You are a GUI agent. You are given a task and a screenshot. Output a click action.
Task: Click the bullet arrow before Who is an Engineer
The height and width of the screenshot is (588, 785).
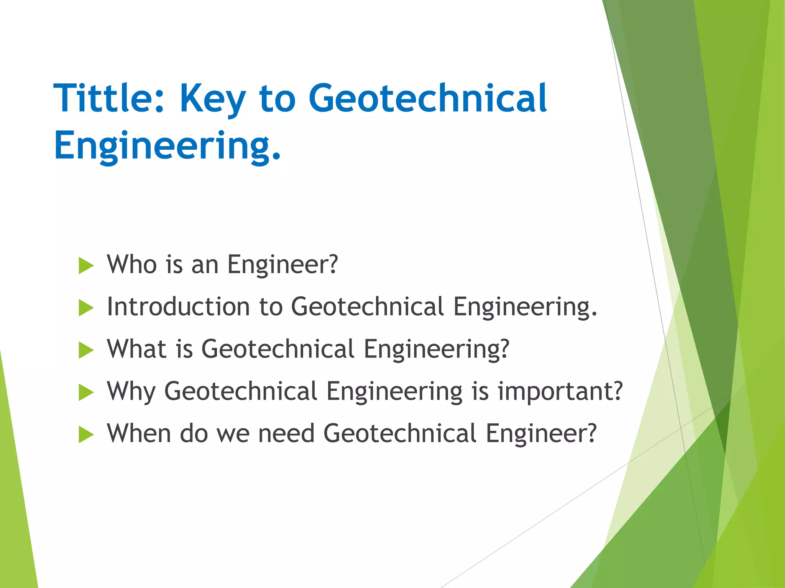[86, 266]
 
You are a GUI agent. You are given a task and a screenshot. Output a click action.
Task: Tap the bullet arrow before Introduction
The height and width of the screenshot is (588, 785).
[86, 308]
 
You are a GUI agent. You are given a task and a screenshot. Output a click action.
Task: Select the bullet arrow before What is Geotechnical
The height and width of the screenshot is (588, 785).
[86, 350]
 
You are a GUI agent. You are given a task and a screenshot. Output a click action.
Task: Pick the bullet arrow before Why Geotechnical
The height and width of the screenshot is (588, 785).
[86, 392]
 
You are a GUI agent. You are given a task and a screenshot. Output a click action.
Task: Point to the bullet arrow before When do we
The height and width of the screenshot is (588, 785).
[86, 434]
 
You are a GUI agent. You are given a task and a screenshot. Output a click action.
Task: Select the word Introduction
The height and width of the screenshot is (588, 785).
[178, 307]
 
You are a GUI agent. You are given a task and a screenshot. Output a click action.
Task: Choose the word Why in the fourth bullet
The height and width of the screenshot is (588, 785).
[131, 392]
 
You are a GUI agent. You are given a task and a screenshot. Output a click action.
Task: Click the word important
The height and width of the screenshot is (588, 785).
[560, 392]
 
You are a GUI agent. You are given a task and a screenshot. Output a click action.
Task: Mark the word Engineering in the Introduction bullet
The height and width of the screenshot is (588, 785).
[525, 307]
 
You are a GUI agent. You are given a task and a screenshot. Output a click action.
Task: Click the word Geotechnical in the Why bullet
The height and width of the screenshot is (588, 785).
[241, 391]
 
